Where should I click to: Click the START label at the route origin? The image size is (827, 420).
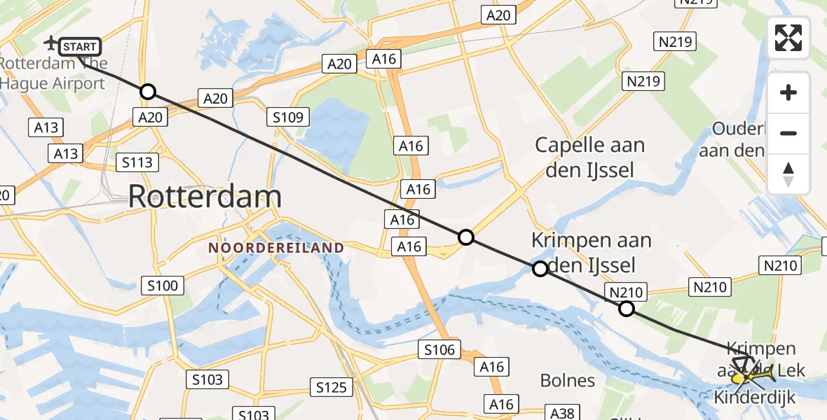coord(80,47)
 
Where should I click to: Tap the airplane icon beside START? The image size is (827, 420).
coord(51,44)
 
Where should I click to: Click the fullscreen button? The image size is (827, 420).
coord(788,38)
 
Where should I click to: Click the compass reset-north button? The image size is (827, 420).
coord(788,174)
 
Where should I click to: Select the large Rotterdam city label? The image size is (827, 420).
coord(205,197)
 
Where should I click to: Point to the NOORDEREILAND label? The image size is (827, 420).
coord(276,248)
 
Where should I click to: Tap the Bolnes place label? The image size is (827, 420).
coord(568,381)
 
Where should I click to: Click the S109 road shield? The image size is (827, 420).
coord(288,117)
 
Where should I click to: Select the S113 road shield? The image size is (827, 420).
coord(137,163)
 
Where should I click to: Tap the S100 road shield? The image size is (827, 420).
coord(163,285)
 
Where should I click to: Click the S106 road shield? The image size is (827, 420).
coord(439,349)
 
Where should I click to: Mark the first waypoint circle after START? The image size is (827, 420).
coord(147,92)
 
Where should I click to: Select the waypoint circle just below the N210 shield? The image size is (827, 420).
coord(627,309)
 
